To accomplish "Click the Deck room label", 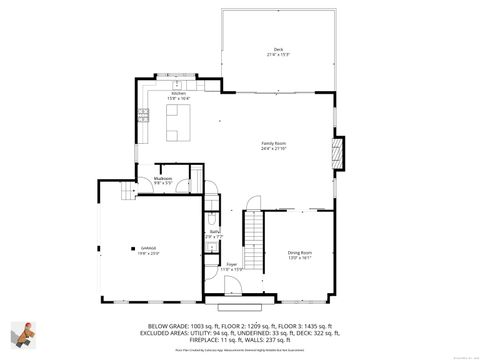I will coord(279,52).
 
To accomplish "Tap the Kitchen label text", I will coord(179,95).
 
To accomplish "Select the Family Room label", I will coord(274,145).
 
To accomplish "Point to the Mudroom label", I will coord(163,181).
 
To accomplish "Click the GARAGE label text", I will coord(147,251).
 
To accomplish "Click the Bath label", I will coord(214,235).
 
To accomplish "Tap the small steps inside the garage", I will coord(125,194).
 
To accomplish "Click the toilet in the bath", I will coord(213,220).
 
